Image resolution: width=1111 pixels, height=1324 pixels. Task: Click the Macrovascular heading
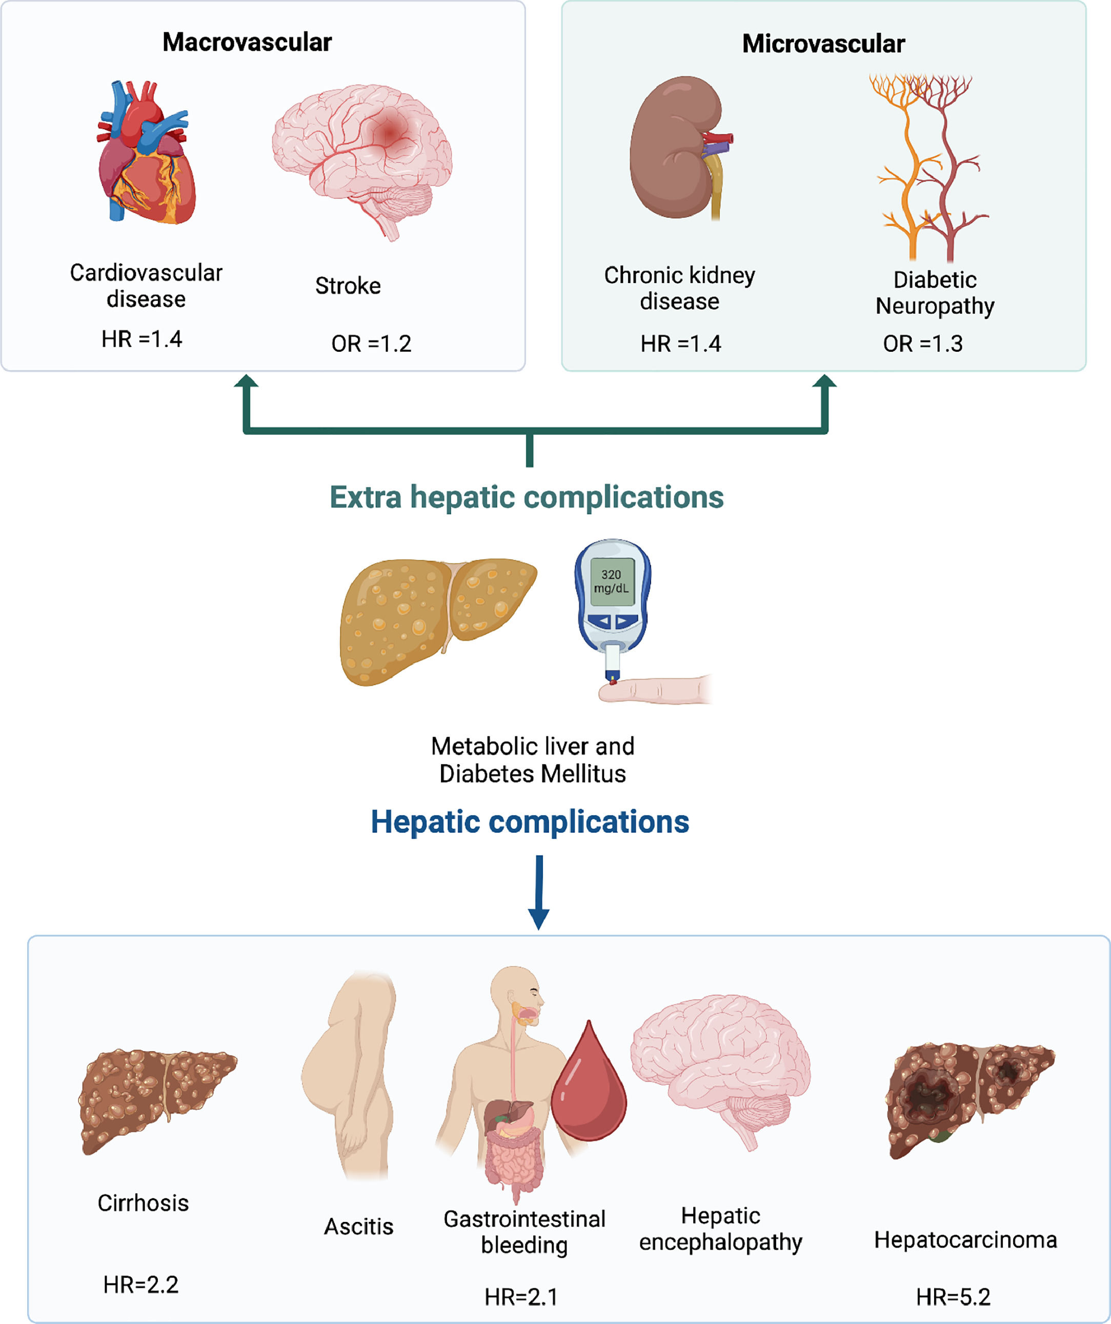tap(247, 42)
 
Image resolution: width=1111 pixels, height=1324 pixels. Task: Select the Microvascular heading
tap(823, 44)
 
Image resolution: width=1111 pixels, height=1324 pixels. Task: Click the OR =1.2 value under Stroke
tap(371, 344)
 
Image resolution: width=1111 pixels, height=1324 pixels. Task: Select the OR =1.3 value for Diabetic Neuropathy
tap(922, 344)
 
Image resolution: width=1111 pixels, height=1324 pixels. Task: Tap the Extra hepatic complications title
tap(527, 497)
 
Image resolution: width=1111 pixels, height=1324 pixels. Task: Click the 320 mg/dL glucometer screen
tap(611, 581)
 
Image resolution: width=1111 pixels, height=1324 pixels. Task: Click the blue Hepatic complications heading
tap(530, 821)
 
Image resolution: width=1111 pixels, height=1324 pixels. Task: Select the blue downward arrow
tap(538, 892)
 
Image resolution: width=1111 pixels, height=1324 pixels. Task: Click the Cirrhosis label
tap(143, 1203)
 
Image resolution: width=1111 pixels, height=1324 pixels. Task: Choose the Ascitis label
tap(358, 1226)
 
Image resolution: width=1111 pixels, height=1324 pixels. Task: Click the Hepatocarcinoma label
tap(965, 1239)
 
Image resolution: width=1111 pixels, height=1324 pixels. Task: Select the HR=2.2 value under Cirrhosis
tap(140, 1285)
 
